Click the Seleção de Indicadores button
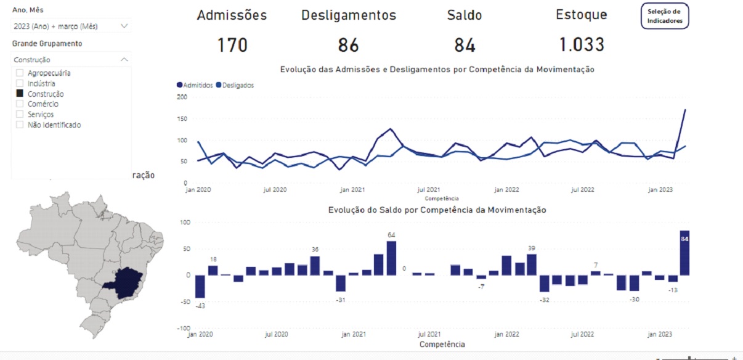664,16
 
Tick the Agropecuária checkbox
20,73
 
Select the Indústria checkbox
20,83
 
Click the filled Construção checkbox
20,94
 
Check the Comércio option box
20,104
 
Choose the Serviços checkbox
20,115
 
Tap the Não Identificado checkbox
20,125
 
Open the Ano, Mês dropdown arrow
124,26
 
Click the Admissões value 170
232,45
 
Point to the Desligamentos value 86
348,45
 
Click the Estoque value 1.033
581,45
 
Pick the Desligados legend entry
235,86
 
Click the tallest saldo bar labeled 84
684,253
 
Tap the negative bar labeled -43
200,287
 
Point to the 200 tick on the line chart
182,97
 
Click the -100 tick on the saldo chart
183,328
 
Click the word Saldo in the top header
465,15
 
